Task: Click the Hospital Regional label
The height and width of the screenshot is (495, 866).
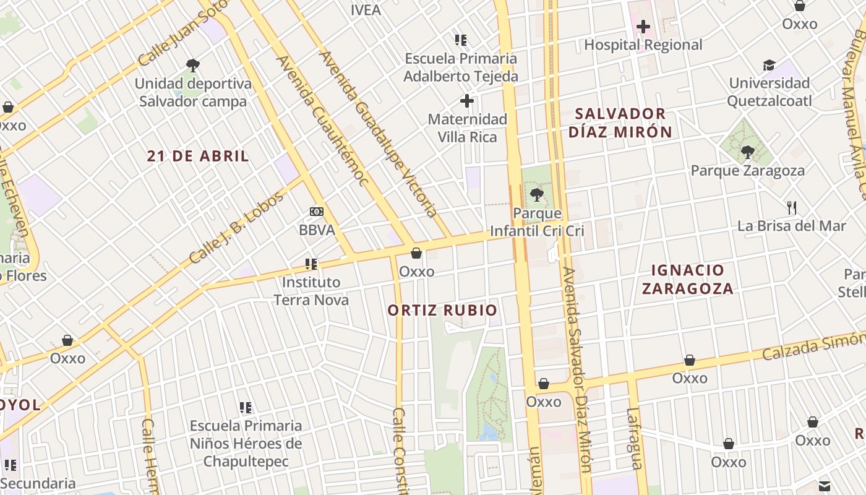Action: [643, 45]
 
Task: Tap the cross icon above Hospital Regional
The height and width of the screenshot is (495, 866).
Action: [643, 27]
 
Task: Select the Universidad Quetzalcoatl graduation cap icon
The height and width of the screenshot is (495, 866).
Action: [769, 65]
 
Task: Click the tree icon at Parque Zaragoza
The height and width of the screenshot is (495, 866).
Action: [748, 152]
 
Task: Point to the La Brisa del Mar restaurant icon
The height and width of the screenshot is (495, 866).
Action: [791, 207]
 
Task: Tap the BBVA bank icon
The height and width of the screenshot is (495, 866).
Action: [317, 212]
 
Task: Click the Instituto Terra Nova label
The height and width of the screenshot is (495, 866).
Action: [311, 291]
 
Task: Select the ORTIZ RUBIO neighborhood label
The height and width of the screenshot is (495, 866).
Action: [442, 310]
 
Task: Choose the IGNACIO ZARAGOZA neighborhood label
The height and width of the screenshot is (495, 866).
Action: [687, 279]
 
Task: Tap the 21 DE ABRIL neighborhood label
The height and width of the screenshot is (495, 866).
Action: [198, 156]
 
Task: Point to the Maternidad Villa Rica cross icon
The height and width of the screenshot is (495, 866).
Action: [467, 100]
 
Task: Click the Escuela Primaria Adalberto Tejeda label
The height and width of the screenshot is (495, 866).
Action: [461, 67]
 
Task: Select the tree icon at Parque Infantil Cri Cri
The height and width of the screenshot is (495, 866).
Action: [536, 196]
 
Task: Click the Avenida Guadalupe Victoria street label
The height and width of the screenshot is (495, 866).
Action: [378, 133]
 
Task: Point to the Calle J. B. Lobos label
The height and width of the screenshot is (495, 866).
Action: [236, 227]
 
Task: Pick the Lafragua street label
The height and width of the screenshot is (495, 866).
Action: [635, 438]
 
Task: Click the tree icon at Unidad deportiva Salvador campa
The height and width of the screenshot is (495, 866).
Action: [193, 65]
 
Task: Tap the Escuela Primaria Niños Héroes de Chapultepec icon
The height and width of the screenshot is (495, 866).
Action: [246, 408]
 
